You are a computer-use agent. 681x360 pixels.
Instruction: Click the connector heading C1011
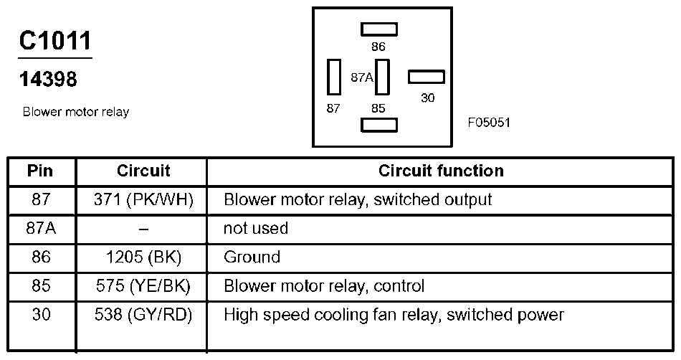tap(55, 41)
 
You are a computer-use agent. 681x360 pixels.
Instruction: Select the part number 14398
tap(48, 80)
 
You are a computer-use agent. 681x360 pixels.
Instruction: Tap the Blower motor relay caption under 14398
tap(76, 112)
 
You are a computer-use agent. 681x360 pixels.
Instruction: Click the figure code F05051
tap(489, 123)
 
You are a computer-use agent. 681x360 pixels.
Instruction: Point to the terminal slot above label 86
tap(378, 29)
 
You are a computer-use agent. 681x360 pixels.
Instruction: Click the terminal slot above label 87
tap(333, 77)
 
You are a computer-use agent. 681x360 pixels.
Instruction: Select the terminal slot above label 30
tap(426, 77)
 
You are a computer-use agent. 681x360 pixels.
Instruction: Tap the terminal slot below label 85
tap(378, 125)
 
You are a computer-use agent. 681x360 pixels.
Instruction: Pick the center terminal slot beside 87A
tap(382, 77)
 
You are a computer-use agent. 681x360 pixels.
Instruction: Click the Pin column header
tap(40, 171)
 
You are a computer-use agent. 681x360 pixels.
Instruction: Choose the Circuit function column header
tap(441, 171)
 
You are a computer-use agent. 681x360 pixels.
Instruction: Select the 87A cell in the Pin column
tap(42, 228)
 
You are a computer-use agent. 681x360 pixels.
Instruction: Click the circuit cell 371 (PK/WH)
tap(143, 200)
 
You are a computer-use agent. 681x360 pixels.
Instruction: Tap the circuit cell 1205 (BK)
tap(143, 257)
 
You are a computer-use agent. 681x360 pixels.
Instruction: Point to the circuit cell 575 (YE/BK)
tap(143, 285)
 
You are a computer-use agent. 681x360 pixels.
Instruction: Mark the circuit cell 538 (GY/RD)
tap(143, 315)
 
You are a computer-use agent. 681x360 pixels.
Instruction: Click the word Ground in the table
tap(252, 257)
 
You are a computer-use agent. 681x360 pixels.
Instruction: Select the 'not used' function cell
tap(256, 228)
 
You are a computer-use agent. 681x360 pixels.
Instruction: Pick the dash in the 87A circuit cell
tap(143, 229)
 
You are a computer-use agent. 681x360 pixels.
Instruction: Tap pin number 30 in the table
tap(42, 314)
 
